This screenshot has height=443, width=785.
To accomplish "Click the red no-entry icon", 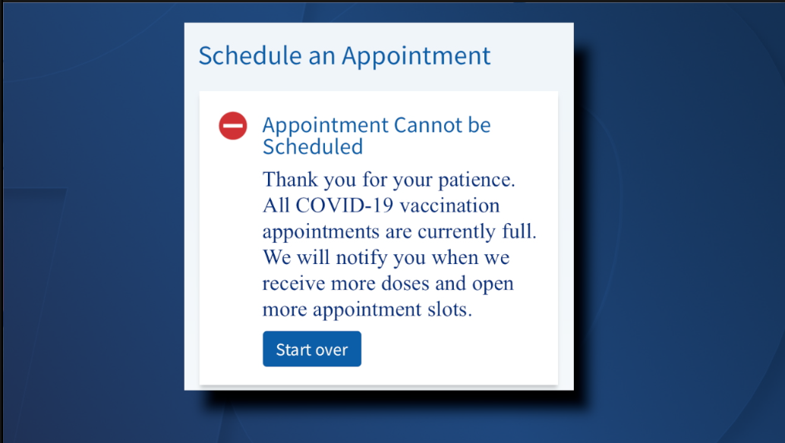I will pyautogui.click(x=233, y=126).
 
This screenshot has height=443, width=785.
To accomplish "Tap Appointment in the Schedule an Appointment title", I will pyautogui.click(x=416, y=56).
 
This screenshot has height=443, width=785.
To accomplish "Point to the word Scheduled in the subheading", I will pyautogui.click(x=313, y=146).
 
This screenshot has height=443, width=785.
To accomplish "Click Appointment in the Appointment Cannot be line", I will pyautogui.click(x=326, y=125).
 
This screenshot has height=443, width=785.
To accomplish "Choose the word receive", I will pyautogui.click(x=295, y=284).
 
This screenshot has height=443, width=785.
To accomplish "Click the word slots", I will pyautogui.click(x=449, y=310).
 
